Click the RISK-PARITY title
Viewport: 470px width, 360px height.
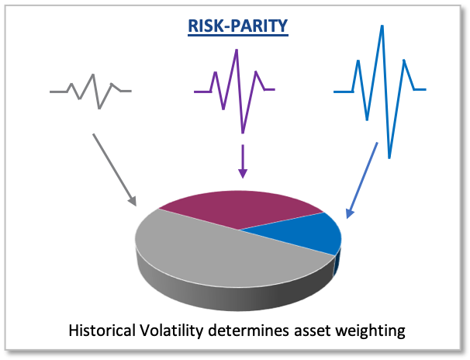pos(238,26)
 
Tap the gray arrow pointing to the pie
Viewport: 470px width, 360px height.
pos(115,170)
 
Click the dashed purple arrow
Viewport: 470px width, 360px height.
pos(243,161)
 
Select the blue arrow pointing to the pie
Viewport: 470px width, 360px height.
pos(361,181)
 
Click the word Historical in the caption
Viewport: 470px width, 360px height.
pos(102,331)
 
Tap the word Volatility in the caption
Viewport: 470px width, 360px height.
pos(171,331)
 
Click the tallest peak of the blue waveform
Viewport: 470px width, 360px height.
pos(382,26)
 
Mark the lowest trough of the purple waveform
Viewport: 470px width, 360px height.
pos(243,133)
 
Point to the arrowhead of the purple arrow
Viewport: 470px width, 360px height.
pos(243,174)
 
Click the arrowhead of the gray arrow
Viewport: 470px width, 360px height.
pos(132,201)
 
